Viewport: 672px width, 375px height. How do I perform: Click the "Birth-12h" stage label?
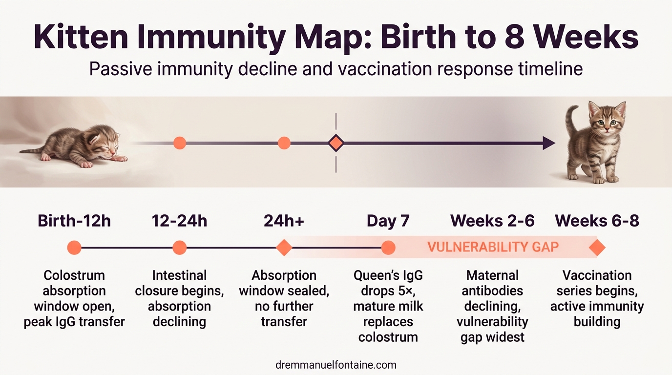click(74, 221)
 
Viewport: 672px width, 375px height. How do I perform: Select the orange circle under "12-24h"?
click(180, 248)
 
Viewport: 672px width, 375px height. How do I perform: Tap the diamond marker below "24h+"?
click(284, 248)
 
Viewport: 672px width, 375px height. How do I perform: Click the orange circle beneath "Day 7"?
click(388, 248)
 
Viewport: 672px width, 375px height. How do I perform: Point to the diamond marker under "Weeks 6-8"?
click(597, 248)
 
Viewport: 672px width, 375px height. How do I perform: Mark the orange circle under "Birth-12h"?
click(74, 248)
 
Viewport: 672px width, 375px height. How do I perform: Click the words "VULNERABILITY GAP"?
click(493, 247)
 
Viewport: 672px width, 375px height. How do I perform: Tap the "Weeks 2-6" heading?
click(492, 221)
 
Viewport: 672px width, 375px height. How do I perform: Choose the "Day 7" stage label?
click(388, 221)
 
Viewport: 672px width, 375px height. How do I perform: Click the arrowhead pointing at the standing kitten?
click(549, 143)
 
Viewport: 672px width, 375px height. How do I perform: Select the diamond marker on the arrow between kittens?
click(336, 143)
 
